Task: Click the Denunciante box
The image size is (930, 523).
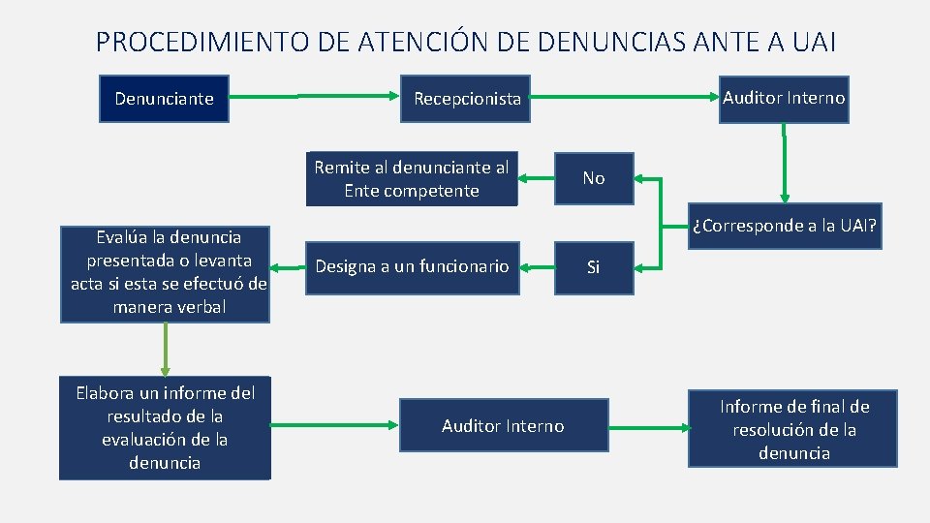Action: pyautogui.click(x=164, y=99)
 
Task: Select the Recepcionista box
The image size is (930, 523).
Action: pyautogui.click(x=466, y=99)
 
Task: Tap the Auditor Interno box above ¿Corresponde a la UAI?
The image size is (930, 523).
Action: pyautogui.click(x=784, y=99)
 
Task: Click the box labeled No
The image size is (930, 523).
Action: pyautogui.click(x=594, y=178)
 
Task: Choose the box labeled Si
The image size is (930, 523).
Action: pyautogui.click(x=594, y=267)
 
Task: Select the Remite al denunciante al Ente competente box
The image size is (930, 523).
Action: pyautogui.click(x=412, y=179)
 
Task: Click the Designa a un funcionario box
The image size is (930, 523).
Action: pyautogui.click(x=412, y=266)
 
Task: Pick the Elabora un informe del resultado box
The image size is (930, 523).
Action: pyautogui.click(x=165, y=427)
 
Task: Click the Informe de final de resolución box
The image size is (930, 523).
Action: pyautogui.click(x=794, y=430)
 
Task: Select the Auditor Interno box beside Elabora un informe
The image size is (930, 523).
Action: pyautogui.click(x=503, y=426)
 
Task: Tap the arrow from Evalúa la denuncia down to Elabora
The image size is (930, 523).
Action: pyautogui.click(x=165, y=349)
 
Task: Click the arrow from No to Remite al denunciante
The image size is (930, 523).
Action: pyautogui.click(x=536, y=179)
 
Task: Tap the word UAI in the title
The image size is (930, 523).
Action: pyautogui.click(x=811, y=43)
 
